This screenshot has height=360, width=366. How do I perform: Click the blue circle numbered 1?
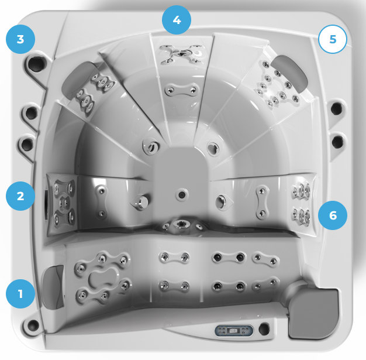pyautogui.click(x=20, y=294)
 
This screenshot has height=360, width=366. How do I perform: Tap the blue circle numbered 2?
pyautogui.click(x=20, y=196)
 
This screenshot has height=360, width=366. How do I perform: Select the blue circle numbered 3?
pyautogui.click(x=20, y=39)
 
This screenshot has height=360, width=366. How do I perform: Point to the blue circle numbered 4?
pyautogui.click(x=177, y=20)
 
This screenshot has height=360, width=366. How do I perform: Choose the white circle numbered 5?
pyautogui.click(x=333, y=39)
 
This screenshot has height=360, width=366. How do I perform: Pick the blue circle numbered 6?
pyautogui.click(x=333, y=215)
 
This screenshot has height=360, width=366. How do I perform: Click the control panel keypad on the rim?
pyautogui.click(x=234, y=331)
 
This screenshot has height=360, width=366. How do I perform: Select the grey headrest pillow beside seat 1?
pyautogui.click(x=53, y=287)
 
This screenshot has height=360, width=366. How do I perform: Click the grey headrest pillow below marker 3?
pyautogui.click(x=78, y=78)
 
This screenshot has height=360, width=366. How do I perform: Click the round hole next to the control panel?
pyautogui.click(x=264, y=328)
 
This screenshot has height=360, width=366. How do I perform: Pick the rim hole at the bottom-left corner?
pyautogui.click(x=33, y=324)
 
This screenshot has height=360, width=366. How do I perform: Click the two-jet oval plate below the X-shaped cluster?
pyautogui.click(x=182, y=90)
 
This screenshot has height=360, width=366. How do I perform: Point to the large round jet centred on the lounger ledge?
pyautogui.click(x=181, y=224)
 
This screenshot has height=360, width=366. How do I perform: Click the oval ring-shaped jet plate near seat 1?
pyautogui.click(x=102, y=277)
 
